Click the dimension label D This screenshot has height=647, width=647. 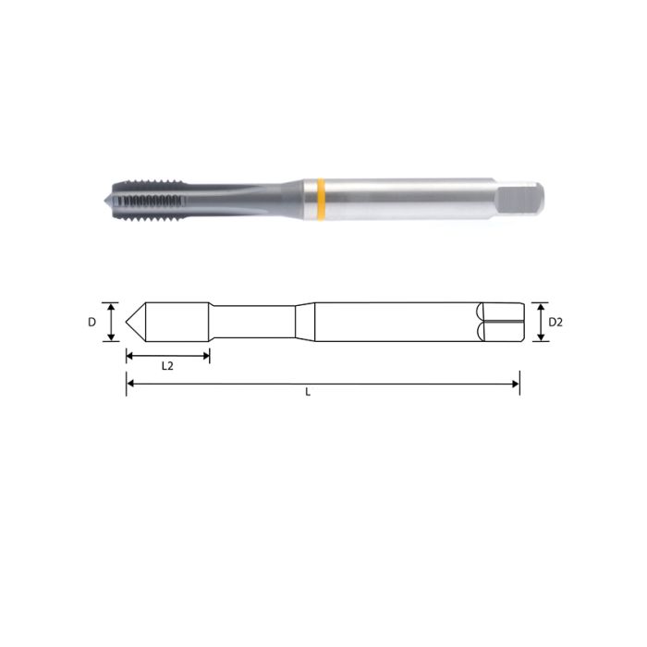pos(92,323)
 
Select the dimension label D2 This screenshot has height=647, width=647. pos(555,323)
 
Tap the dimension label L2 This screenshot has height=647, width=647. pos(167,366)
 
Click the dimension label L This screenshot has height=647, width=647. pos(308,392)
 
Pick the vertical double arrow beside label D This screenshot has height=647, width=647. pos(111,323)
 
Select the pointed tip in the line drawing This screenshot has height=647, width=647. pos(130,323)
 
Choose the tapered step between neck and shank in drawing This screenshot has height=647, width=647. pos(305,323)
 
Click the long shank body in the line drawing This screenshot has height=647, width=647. pos(397,323)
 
